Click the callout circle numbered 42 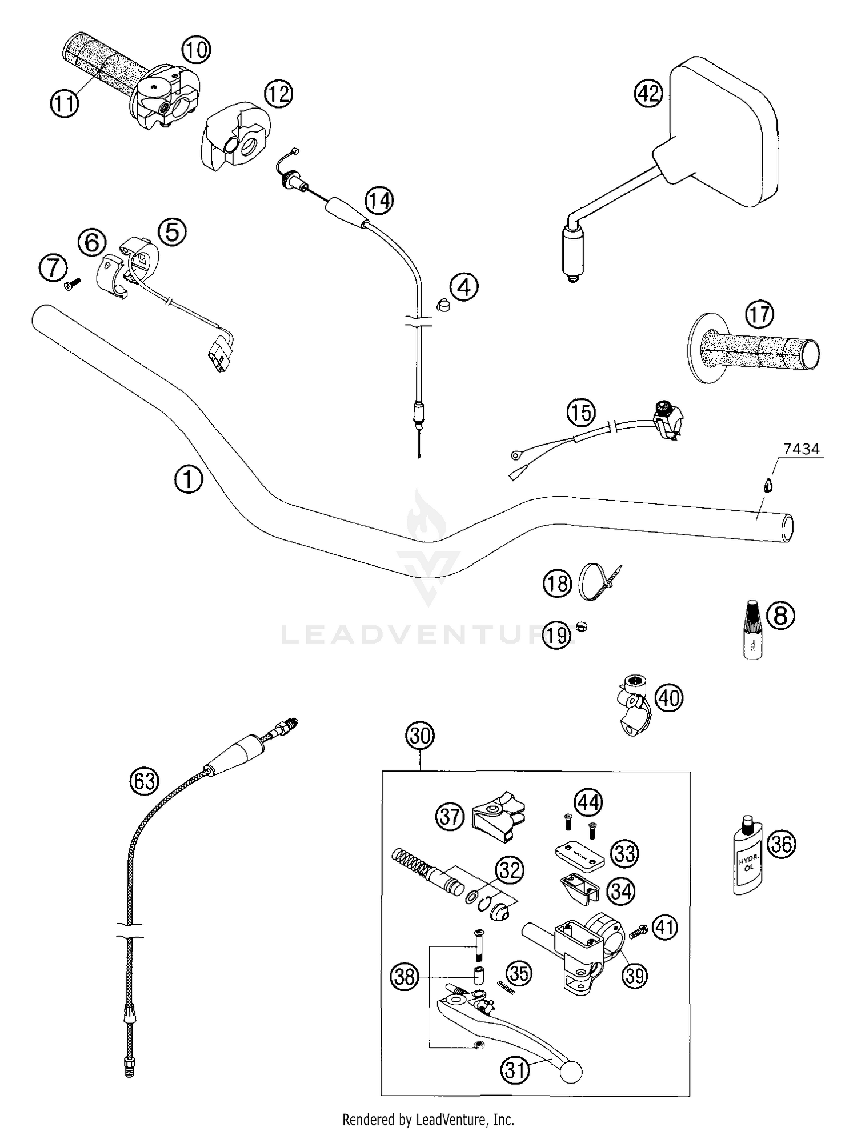point(648,93)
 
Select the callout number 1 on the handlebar point(189,479)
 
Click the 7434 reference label point(801,450)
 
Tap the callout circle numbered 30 point(420,736)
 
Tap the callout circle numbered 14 point(380,201)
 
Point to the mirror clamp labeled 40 point(633,704)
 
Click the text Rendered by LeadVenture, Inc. point(428,1118)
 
